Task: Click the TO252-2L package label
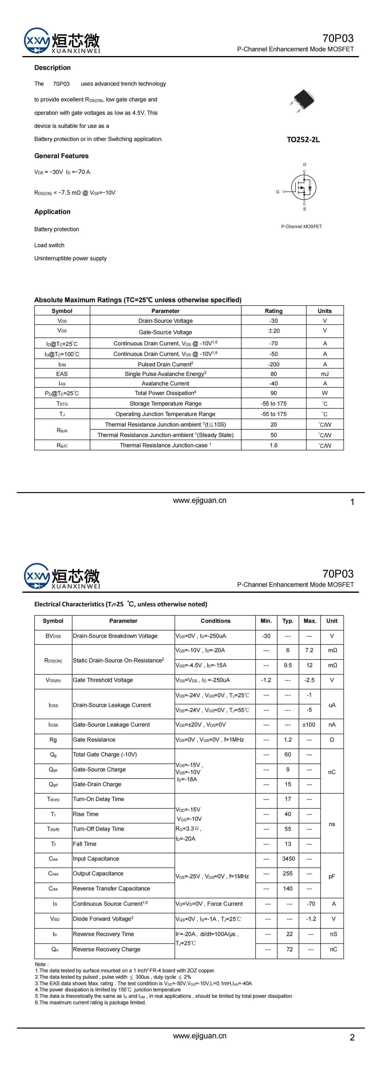[303, 140]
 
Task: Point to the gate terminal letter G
[277, 192]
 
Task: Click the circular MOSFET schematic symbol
[304, 187]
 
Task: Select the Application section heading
[52, 212]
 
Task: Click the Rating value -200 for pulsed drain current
[273, 364]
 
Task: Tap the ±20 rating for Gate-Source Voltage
[273, 331]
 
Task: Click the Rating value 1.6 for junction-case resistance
[273, 445]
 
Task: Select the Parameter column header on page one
[165, 311]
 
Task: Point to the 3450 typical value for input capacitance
[288, 858]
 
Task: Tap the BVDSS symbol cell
[53, 636]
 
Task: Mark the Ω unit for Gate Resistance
[332, 740]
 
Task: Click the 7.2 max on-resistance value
[309, 650]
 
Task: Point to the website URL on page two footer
[200, 1036]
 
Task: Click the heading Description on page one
[52, 68]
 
